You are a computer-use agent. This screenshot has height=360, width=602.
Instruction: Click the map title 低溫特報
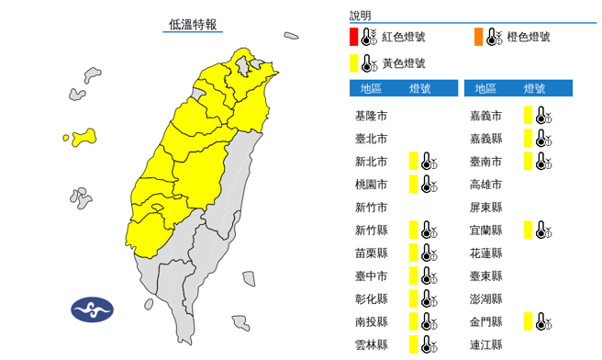[x=193, y=25]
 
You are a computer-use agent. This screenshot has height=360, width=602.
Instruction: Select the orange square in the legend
[x=478, y=38]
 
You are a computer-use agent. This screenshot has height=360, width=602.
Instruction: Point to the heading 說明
[x=360, y=16]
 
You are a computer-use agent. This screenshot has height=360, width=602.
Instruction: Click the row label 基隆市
[x=371, y=117]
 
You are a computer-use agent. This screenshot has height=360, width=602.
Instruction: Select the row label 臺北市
[x=371, y=139]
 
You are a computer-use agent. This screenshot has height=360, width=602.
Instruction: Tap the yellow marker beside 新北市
[x=414, y=161]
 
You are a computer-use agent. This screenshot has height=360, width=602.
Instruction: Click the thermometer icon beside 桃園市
[x=429, y=184]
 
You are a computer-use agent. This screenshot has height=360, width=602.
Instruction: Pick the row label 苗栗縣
[x=371, y=253]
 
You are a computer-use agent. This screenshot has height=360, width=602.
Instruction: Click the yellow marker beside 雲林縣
[x=414, y=344]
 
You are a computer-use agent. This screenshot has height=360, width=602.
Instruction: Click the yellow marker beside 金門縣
[x=528, y=321]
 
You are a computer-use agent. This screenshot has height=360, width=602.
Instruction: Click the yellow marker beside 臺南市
[x=528, y=161]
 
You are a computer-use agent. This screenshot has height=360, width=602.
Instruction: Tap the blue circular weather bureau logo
[x=93, y=309]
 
